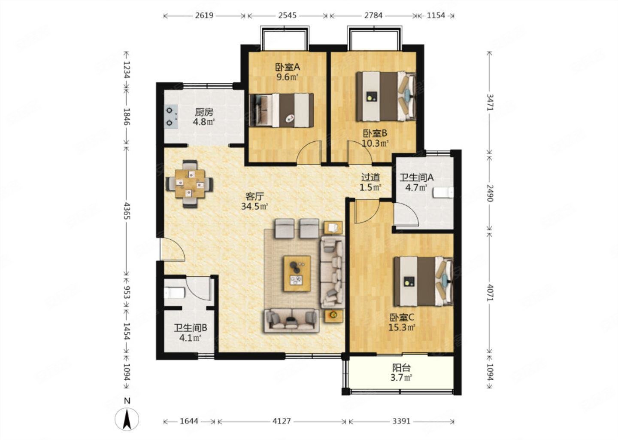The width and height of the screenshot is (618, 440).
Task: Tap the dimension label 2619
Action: click(x=204, y=15)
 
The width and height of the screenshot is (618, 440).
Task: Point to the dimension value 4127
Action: click(x=282, y=421)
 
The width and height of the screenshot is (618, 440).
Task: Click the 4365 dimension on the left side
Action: click(x=127, y=211)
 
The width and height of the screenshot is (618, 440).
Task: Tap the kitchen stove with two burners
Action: click(x=171, y=117)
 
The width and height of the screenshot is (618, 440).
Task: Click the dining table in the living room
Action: click(x=190, y=183)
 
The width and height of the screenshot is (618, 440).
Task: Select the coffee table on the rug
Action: click(x=297, y=273)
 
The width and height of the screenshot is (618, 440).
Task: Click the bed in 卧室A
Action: click(x=281, y=110)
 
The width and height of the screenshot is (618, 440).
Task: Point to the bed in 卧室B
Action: click(x=386, y=96)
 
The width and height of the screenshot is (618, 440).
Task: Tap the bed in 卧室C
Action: click(x=424, y=281)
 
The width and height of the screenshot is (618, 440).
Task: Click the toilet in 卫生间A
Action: click(x=443, y=192)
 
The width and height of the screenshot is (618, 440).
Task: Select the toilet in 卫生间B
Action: click(x=175, y=293)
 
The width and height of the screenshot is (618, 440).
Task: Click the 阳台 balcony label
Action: click(x=401, y=368)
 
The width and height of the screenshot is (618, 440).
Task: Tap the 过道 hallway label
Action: click(x=370, y=177)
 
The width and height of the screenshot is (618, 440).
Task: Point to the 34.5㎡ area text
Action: click(x=254, y=206)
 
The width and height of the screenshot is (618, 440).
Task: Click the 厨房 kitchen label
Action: click(x=204, y=112)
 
